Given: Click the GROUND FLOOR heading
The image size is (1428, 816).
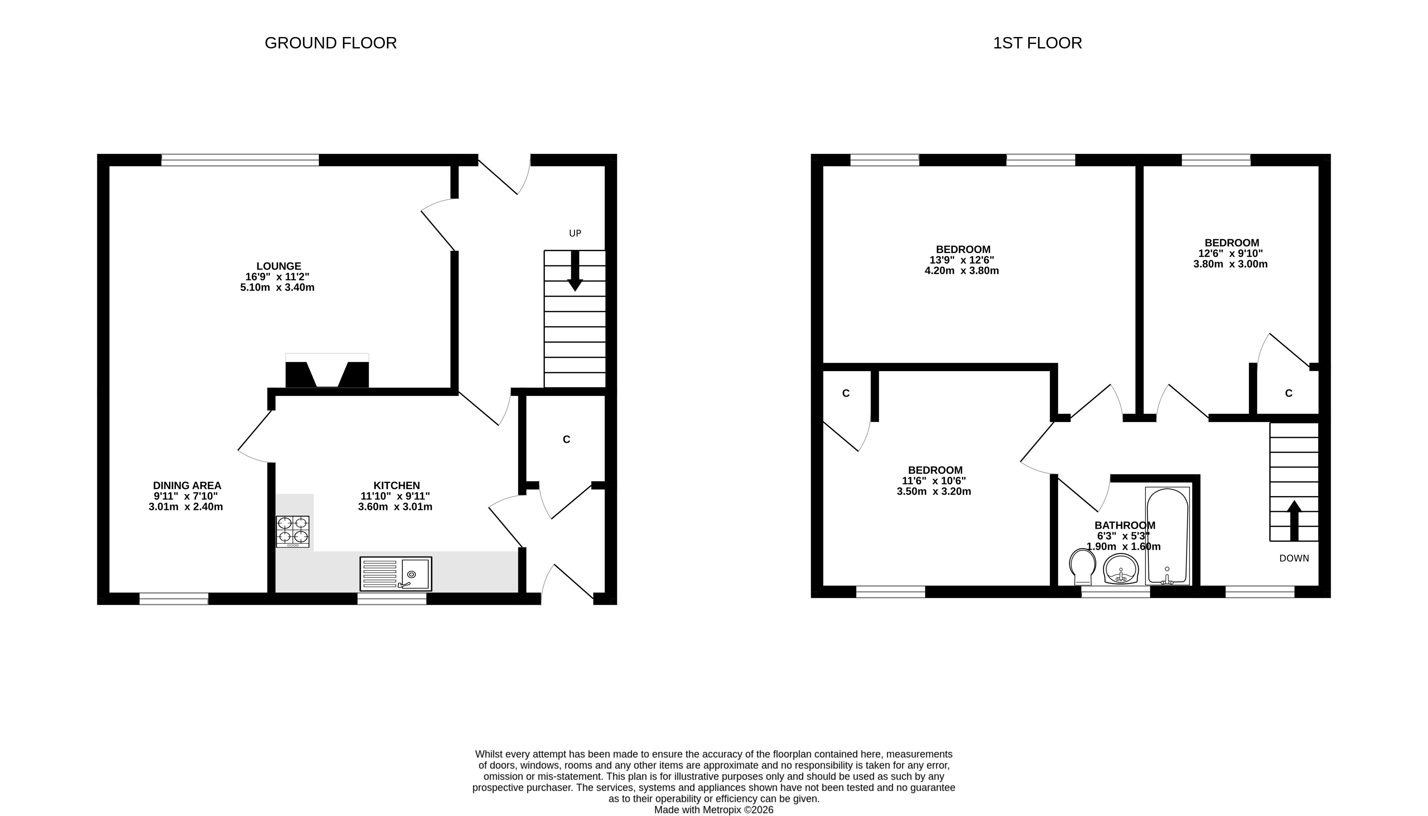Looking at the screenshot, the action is pos(331,43).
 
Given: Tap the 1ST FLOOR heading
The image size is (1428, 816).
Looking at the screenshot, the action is pos(1037,43).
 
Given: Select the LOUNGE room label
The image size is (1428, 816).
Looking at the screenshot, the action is pos(279,266).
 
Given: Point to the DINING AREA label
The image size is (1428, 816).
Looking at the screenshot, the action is pos(187,486).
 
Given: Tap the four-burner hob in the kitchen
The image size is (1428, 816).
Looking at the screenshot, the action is pos(293,531).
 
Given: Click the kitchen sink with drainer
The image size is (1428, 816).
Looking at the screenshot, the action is pos(396,574).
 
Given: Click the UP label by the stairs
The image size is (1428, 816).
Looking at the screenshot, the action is pos(575,233).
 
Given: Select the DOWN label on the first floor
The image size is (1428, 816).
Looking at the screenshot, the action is pos(1294,558).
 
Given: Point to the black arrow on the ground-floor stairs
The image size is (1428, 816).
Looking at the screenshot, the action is pos(575,271).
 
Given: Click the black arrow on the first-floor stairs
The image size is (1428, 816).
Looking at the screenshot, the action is pos(1294,521).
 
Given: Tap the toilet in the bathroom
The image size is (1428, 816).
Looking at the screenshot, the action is pos(1083,567).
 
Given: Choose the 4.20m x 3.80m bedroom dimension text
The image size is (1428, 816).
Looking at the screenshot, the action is pos(961,271).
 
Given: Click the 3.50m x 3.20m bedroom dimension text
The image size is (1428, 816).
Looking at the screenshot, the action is pos(934,492).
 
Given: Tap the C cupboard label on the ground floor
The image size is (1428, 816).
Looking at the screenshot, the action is pos(566,440).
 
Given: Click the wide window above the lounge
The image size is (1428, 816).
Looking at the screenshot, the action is pos(240,160).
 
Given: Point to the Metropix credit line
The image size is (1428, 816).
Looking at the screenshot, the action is pos(714,810).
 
